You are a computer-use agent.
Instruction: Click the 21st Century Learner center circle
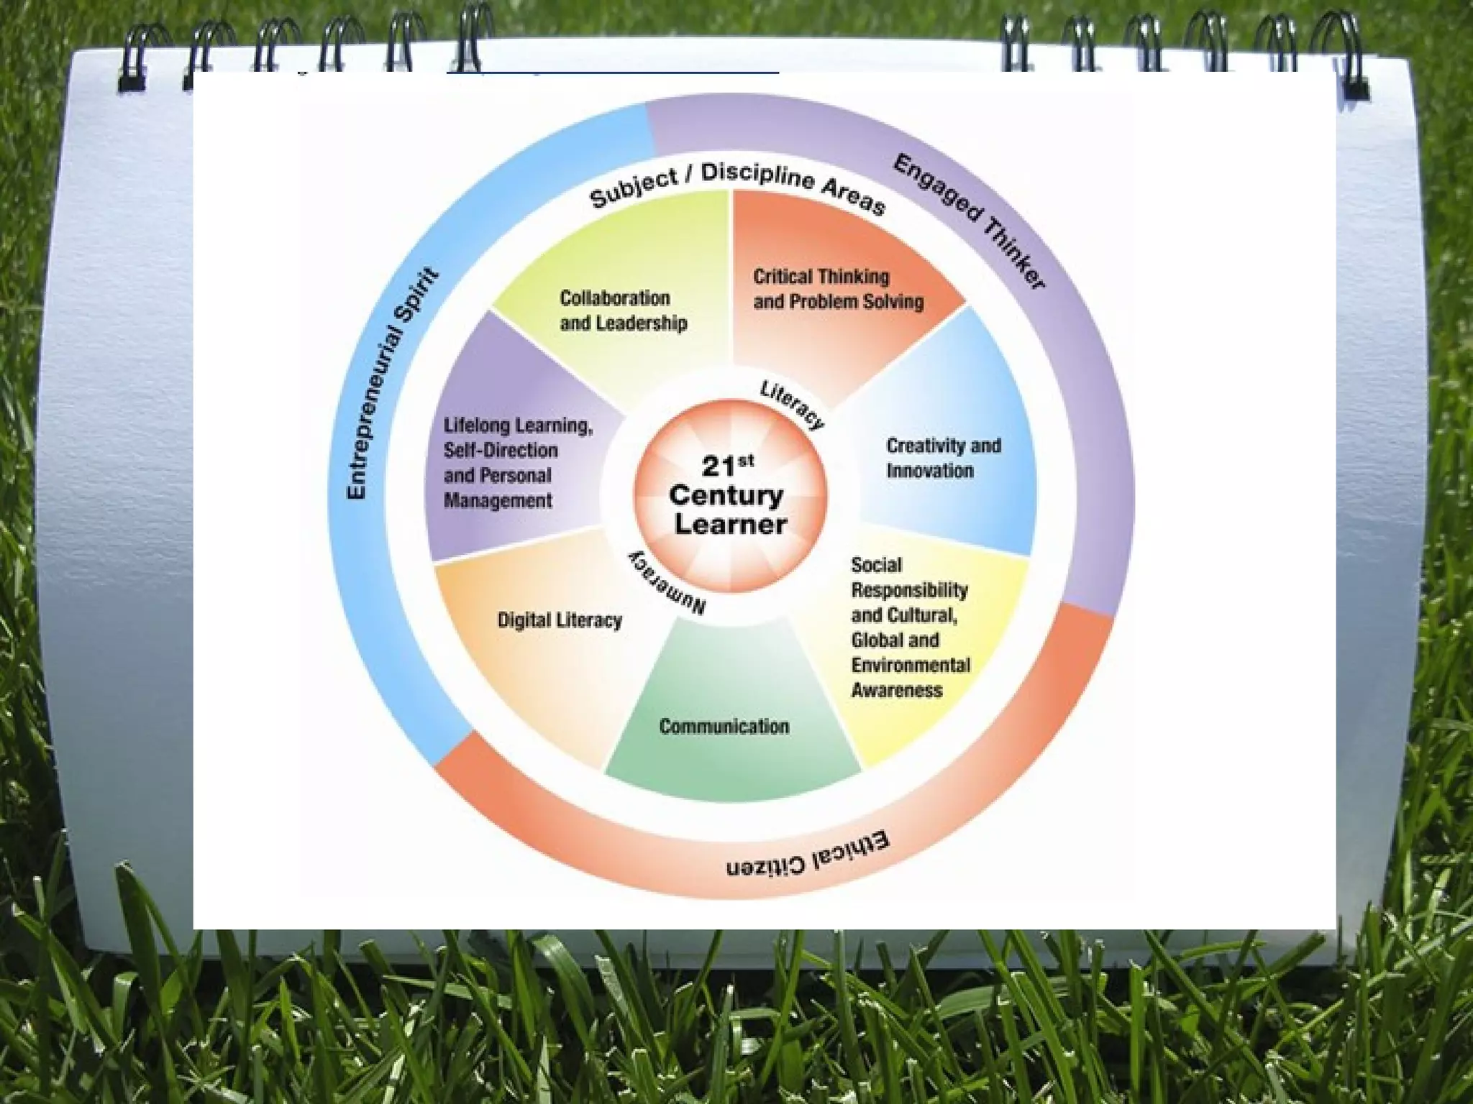pos(729,496)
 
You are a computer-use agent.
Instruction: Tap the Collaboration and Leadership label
pos(623,310)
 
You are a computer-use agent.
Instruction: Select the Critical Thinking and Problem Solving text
pos(838,289)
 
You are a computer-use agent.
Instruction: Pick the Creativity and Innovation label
pos(943,458)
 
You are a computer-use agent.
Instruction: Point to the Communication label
pos(724,727)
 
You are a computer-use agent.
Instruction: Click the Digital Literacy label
pos(560,620)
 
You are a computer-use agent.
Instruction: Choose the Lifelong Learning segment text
pos(518,463)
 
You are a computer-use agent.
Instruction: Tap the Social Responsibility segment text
pos(910,627)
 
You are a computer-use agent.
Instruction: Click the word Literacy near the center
pos(792,405)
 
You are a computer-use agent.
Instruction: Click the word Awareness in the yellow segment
pos(896,691)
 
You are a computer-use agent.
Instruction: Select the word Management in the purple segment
pos(498,501)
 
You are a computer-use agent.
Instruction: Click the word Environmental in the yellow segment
pos(911,666)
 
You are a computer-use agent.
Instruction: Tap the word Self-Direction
pos(501,451)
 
